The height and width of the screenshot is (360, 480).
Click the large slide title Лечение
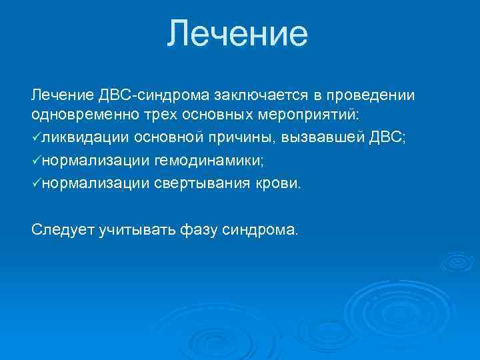click(x=238, y=33)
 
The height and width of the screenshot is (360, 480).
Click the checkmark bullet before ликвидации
click(x=36, y=138)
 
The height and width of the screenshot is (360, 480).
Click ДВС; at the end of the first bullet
click(x=386, y=138)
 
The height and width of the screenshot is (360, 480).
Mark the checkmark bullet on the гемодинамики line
click(x=36, y=160)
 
